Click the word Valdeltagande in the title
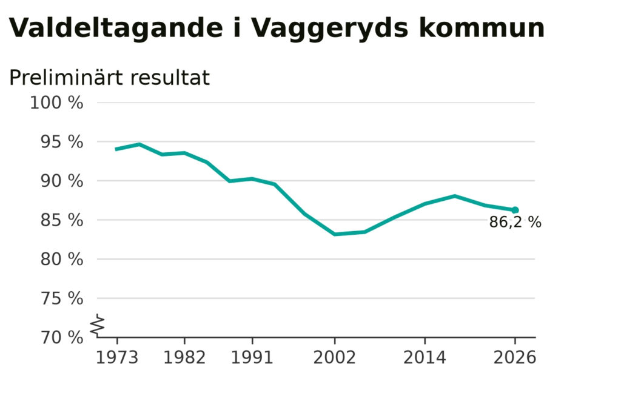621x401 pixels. pyautogui.click(x=116, y=29)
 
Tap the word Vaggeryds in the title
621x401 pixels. pyautogui.click(x=330, y=29)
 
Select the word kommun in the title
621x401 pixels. pyautogui.click(x=482, y=28)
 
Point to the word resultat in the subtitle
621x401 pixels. pyautogui.click(x=170, y=78)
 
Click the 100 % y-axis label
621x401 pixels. pyautogui.click(x=56, y=103)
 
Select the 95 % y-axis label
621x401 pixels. pyautogui.click(x=62, y=141)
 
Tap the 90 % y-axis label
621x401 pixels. pyautogui.click(x=62, y=181)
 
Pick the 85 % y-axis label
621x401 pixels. pyautogui.click(x=62, y=220)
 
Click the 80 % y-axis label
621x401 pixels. pyautogui.click(x=62, y=259)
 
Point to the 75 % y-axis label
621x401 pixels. pyautogui.click(x=62, y=298)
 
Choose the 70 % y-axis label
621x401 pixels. pyautogui.click(x=62, y=337)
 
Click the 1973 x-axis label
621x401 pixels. pyautogui.click(x=117, y=357)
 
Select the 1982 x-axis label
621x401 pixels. pyautogui.click(x=184, y=357)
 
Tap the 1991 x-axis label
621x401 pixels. pyautogui.click(x=252, y=357)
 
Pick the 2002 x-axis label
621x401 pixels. pyautogui.click(x=335, y=357)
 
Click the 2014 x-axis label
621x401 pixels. pyautogui.click(x=425, y=357)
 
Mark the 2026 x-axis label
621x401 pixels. pyautogui.click(x=515, y=357)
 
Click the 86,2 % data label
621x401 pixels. pyautogui.click(x=515, y=222)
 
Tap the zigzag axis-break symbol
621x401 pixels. pyautogui.click(x=98, y=326)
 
